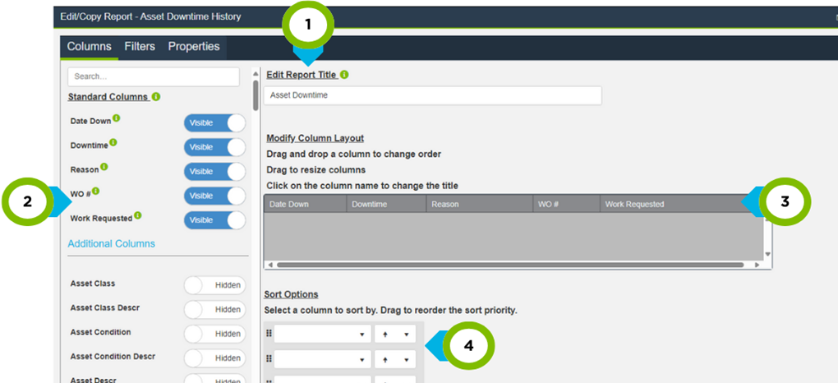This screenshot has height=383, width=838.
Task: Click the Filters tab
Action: pyautogui.click(x=140, y=47)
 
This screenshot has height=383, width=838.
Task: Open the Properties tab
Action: pyautogui.click(x=194, y=47)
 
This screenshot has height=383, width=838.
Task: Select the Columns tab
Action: pyautogui.click(x=89, y=47)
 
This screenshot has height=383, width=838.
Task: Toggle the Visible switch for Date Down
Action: pyautogui.click(x=214, y=123)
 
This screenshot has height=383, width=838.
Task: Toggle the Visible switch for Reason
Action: pyautogui.click(x=214, y=172)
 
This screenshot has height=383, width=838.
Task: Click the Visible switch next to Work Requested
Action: pyautogui.click(x=214, y=220)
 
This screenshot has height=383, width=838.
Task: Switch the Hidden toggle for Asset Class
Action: pyautogui.click(x=214, y=285)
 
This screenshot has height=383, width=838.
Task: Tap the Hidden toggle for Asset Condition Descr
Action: pyautogui.click(x=214, y=358)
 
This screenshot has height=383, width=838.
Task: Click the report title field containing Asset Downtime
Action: pyautogui.click(x=433, y=95)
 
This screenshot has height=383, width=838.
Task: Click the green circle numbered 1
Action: pyautogui.click(x=309, y=25)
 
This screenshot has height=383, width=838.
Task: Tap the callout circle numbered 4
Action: pyautogui.click(x=469, y=346)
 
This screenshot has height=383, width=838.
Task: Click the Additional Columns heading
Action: pyautogui.click(x=111, y=244)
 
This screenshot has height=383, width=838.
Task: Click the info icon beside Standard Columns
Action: pyautogui.click(x=156, y=97)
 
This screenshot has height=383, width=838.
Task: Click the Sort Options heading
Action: pyautogui.click(x=291, y=294)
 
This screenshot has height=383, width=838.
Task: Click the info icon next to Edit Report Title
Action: pyautogui.click(x=344, y=75)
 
